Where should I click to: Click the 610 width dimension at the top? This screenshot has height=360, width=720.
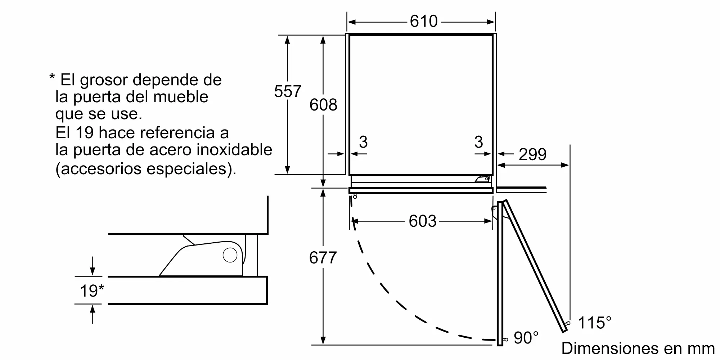(424, 21)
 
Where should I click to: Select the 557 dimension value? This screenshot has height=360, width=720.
(288, 91)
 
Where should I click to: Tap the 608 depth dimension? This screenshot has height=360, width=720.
(323, 104)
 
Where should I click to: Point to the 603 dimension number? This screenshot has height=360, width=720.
(423, 221)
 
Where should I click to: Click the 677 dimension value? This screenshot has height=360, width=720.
(323, 258)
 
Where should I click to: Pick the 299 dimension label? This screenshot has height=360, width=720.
(532, 154)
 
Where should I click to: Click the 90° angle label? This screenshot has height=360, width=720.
(526, 338)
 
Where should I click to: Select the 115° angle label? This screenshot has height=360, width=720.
(594, 323)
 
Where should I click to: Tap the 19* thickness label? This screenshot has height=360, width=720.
(92, 291)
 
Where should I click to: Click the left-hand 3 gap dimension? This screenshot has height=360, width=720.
(363, 142)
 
